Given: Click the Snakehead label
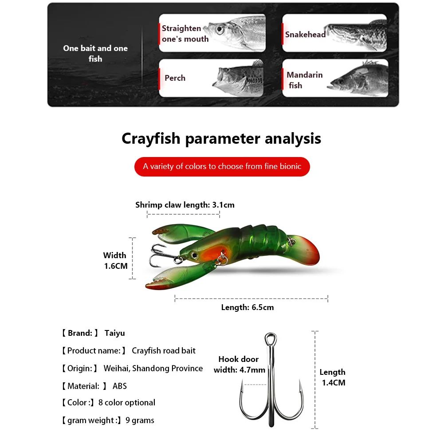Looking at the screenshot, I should [x=305, y=35].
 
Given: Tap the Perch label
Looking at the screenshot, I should [x=175, y=78].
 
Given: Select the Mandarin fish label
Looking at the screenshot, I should [x=304, y=80].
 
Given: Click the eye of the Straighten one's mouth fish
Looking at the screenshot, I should [x=220, y=29].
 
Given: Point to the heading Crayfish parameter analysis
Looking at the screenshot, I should [x=221, y=138].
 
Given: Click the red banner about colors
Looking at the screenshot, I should [x=222, y=166].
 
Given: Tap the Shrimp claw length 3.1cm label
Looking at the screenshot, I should [x=185, y=205].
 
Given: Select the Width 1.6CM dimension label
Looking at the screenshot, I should [x=115, y=260].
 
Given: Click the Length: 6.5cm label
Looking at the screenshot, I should [x=248, y=307].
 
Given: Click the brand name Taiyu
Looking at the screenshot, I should [x=115, y=333].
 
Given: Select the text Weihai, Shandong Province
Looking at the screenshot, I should [x=153, y=369].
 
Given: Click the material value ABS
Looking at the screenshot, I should [x=120, y=386].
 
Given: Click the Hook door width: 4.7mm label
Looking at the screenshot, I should [x=239, y=364].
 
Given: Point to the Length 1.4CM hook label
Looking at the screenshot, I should [x=332, y=377].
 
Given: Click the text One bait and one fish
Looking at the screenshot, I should [x=95, y=53].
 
